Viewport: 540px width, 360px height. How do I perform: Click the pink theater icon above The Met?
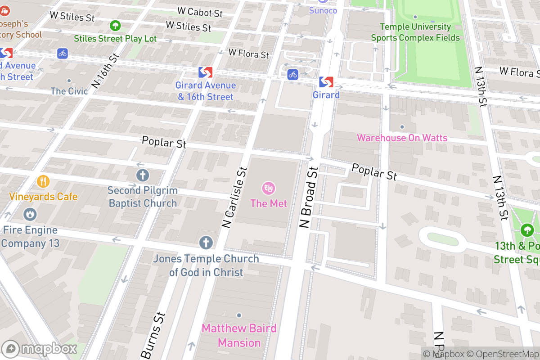click(x=269, y=188)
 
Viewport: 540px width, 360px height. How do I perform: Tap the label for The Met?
click(x=269, y=203)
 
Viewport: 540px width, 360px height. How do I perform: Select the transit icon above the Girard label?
click(x=326, y=82)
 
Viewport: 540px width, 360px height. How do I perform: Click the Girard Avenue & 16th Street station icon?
click(x=205, y=72)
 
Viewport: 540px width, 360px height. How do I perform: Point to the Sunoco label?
click(x=323, y=10)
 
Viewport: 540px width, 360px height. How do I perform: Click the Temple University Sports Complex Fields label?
click(x=415, y=32)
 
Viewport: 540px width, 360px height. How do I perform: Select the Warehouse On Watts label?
click(x=402, y=138)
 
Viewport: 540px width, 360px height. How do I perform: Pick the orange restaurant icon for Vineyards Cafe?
click(x=43, y=181)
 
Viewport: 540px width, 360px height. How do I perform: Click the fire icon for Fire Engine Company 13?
click(x=30, y=214)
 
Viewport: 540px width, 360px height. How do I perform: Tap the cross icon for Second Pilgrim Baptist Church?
click(x=143, y=175)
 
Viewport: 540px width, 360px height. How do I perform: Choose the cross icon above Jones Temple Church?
click(x=206, y=243)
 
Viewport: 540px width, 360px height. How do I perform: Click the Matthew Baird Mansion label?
click(x=239, y=335)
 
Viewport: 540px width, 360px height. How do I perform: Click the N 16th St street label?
click(x=105, y=71)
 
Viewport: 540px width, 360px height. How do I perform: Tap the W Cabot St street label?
click(x=200, y=12)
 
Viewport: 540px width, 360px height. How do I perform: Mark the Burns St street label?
click(x=153, y=335)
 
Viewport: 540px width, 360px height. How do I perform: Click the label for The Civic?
click(x=69, y=91)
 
